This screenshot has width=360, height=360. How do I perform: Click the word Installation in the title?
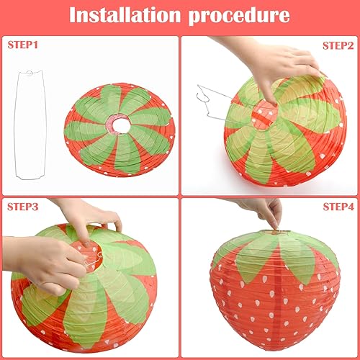coord(125,15)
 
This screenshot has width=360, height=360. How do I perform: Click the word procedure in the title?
coord(239,16)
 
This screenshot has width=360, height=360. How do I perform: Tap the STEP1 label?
coord(22,45)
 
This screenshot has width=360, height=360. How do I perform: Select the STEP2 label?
coord(338,45)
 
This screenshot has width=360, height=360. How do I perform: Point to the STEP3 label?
coord(22,207)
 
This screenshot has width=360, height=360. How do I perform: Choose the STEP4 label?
coord(338,207)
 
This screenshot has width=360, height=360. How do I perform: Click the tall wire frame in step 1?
coord(17,125)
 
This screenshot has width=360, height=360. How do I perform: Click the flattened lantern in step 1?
coord(120,130)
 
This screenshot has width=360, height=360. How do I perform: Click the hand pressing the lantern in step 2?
coord(276,65)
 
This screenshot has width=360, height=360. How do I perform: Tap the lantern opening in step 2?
coord(265,114)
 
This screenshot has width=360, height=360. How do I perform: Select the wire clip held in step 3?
coord(92,261)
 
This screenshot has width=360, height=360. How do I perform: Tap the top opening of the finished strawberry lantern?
coord(276,232)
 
